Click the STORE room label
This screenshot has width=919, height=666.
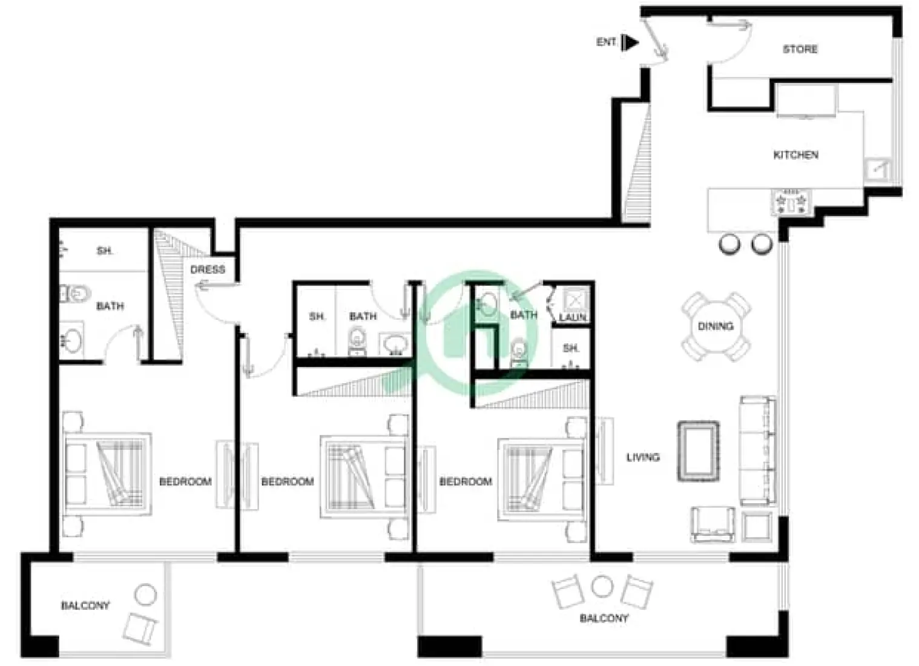[800, 49]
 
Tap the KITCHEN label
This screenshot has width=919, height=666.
[795, 155]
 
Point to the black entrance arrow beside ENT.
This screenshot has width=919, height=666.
[631, 42]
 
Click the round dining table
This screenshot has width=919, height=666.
[716, 326]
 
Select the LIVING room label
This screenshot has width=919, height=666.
[643, 457]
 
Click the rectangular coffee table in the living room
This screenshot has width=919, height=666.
[699, 451]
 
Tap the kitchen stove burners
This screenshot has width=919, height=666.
[792, 202]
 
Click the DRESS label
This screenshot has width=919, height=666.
[208, 269]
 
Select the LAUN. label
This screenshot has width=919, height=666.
[572, 317]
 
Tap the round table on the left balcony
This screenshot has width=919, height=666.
[145, 595]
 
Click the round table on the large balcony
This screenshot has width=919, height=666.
[602, 585]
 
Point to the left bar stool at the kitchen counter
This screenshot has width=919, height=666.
[730, 243]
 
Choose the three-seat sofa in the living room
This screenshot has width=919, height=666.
[757, 451]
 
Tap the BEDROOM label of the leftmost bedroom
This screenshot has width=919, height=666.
[185, 481]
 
